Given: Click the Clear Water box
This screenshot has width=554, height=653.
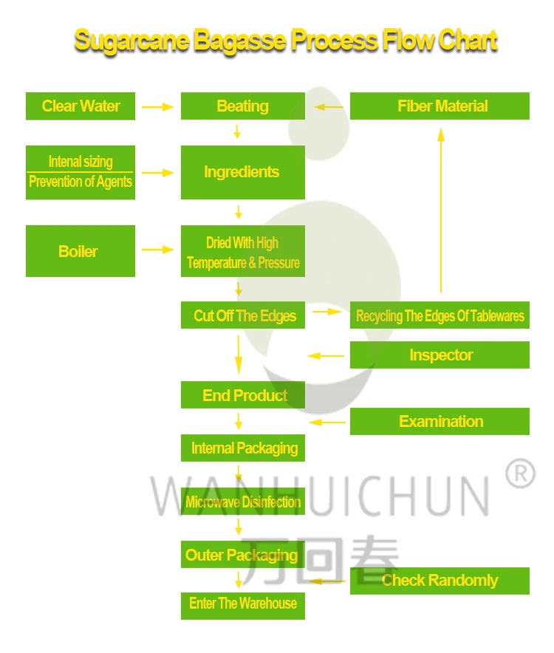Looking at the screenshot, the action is tap(81, 106).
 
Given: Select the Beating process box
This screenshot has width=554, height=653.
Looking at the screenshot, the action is tap(242, 106).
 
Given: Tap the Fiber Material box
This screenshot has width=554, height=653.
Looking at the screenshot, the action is tap(440, 106).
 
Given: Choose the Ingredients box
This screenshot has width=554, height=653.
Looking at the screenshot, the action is tap(242, 172).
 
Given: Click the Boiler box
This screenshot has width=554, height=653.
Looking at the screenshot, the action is tap(80, 251).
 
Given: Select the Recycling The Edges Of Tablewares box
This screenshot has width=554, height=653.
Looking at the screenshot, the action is tap(440, 315).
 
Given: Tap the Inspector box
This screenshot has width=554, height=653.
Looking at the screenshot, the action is tap(440, 355).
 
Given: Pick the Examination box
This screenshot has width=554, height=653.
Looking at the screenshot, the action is tap(440, 422).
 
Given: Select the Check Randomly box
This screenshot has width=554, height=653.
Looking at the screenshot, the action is tap(440, 581).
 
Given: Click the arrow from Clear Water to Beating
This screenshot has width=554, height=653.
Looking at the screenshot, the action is tap(157, 107).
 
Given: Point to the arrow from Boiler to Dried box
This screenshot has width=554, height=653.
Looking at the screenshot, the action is tap(157, 250).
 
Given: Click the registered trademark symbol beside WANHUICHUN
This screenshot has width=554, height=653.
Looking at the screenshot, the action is tap(520, 473).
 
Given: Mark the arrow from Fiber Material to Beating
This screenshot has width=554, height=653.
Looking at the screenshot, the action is tap(329, 107).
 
